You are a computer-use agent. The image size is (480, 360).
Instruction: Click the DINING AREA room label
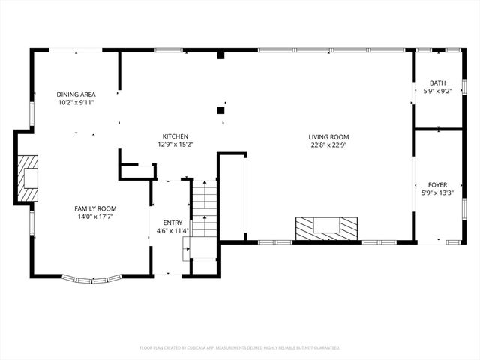click(x=76, y=94)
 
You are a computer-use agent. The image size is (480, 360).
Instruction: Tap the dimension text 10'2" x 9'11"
click(x=76, y=103)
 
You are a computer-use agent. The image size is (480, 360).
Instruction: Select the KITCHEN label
click(x=167, y=136)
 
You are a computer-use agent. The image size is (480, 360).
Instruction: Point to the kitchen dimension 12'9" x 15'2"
click(x=167, y=145)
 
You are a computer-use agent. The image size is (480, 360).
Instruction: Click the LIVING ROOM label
click(x=328, y=136)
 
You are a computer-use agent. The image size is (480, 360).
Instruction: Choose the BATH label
click(x=437, y=82)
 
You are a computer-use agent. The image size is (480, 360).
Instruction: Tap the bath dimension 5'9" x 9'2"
click(x=437, y=91)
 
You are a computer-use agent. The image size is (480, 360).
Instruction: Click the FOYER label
click(x=437, y=184)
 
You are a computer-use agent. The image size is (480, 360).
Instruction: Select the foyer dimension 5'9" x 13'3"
click(x=437, y=193)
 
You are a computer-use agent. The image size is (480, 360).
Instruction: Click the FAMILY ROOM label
click(x=95, y=208)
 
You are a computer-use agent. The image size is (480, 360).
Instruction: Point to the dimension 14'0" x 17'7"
click(x=95, y=217)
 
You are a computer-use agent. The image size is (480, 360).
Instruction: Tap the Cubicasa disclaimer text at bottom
click(x=240, y=348)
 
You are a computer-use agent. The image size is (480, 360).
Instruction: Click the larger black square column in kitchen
click(x=221, y=110)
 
